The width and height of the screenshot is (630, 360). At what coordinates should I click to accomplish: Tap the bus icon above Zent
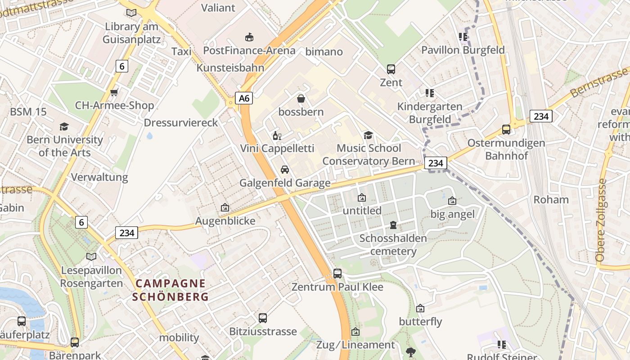[x=391, y=69]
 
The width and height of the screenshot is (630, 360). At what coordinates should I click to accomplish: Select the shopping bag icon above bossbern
[x=301, y=98]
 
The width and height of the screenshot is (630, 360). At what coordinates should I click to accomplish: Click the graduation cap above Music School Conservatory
[x=369, y=135]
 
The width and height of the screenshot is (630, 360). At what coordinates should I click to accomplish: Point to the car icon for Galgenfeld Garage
[x=284, y=170]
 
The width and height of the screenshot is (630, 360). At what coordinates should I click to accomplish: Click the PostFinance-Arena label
[x=249, y=50]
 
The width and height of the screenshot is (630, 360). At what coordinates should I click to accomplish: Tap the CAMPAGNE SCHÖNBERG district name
[x=171, y=290]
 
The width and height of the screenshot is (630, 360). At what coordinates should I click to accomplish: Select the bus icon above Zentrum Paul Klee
[x=337, y=273]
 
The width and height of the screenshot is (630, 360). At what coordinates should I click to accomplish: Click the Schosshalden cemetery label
[x=393, y=244]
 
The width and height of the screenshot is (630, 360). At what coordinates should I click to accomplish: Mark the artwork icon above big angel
[x=452, y=201]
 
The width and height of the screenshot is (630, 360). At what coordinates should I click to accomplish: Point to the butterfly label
[x=420, y=322]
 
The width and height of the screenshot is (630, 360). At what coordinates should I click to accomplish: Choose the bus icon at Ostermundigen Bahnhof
[x=506, y=130]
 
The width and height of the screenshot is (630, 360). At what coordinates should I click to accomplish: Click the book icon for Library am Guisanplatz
[x=131, y=13]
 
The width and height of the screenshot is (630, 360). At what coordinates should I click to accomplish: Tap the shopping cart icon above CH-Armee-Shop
[x=114, y=92]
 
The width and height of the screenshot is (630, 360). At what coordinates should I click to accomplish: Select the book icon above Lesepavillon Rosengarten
[x=91, y=257]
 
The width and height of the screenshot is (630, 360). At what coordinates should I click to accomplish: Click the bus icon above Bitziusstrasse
[x=263, y=318]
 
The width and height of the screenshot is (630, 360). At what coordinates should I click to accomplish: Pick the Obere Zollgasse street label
[x=601, y=220]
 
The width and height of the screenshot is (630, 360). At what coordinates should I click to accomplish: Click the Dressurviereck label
[x=181, y=123]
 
